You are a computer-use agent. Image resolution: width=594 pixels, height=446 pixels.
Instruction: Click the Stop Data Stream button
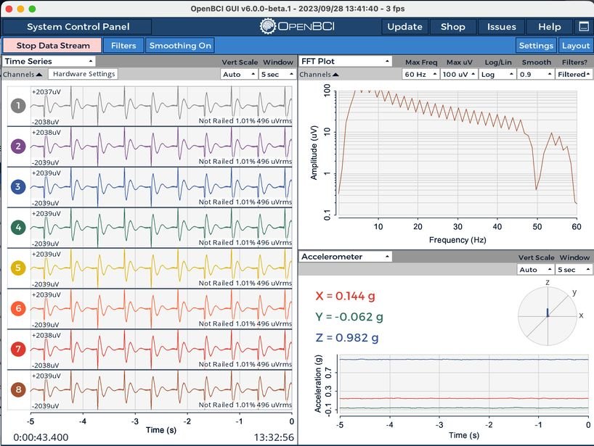(52, 46)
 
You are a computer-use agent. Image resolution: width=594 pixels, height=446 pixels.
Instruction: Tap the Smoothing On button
(180, 46)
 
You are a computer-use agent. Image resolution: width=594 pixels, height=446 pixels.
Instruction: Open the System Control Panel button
(77, 27)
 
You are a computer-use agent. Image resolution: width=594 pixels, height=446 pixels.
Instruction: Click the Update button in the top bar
(404, 27)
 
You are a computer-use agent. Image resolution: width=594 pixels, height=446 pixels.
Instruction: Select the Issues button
(501, 27)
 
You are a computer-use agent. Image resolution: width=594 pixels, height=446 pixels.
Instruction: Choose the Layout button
(575, 46)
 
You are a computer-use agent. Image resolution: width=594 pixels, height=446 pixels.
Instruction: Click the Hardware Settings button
(84, 74)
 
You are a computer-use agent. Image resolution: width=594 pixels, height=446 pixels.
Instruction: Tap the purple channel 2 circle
(18, 146)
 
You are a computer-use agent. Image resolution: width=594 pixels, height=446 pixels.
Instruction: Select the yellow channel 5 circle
(18, 268)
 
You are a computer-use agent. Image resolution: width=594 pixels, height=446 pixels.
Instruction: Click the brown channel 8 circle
(18, 389)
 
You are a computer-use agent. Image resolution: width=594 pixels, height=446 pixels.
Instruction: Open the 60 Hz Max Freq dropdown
(420, 74)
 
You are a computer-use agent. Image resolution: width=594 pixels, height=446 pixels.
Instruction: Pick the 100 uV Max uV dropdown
(458, 74)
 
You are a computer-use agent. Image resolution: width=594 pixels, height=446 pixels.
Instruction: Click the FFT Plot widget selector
(345, 62)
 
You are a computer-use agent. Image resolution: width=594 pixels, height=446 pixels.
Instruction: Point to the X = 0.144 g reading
(345, 296)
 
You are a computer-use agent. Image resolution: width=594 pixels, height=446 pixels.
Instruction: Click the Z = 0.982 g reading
(346, 337)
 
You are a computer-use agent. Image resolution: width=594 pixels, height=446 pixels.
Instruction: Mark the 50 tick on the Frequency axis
(537, 226)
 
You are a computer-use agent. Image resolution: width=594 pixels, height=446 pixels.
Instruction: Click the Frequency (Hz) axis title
(457, 240)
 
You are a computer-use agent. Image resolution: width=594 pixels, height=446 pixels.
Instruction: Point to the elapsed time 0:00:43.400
(41, 438)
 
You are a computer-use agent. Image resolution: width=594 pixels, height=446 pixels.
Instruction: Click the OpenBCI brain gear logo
(267, 27)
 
